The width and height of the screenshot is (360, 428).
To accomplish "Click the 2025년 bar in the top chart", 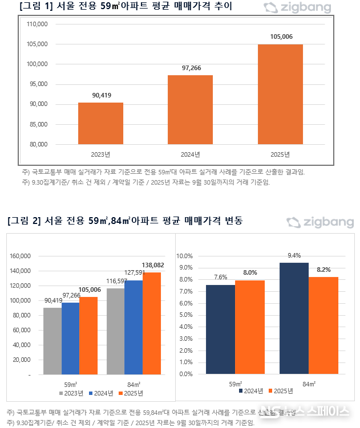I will pyautogui.click(x=280, y=94).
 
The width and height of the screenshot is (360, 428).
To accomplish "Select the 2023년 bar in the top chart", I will pyautogui.click(x=100, y=123).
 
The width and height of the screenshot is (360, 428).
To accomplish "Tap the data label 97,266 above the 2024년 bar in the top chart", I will pyautogui.click(x=190, y=68).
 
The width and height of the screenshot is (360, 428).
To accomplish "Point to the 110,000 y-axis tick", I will pyautogui.click(x=38, y=25).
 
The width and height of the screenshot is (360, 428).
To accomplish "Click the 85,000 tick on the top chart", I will pyautogui.click(x=39, y=124).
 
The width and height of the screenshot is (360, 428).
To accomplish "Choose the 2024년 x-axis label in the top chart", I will pyautogui.click(x=190, y=154).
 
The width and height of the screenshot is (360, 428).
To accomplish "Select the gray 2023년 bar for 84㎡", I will pyautogui.click(x=116, y=332).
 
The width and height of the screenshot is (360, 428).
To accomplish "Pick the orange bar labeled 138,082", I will pyautogui.click(x=152, y=324).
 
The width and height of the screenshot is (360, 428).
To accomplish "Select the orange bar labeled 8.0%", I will pyautogui.click(x=249, y=327).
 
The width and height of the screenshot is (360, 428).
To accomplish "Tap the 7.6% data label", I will pyautogui.click(x=221, y=277).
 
